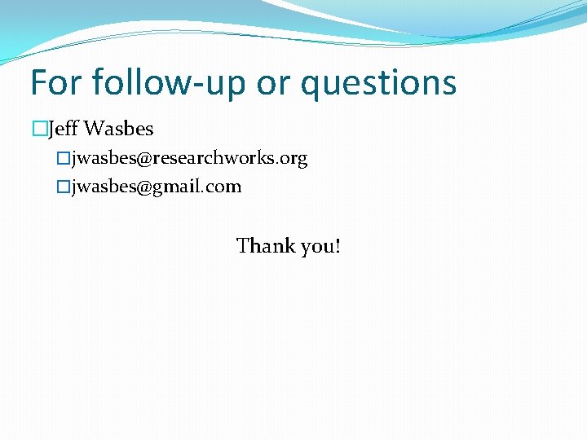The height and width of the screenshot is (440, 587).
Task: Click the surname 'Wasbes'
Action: (x=118, y=129)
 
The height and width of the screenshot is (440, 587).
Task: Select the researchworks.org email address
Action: (x=189, y=158)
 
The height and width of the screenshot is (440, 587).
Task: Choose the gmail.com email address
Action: (x=157, y=187)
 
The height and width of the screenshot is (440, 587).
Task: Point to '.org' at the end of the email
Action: (x=293, y=159)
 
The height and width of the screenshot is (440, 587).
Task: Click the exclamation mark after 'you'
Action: (x=336, y=245)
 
